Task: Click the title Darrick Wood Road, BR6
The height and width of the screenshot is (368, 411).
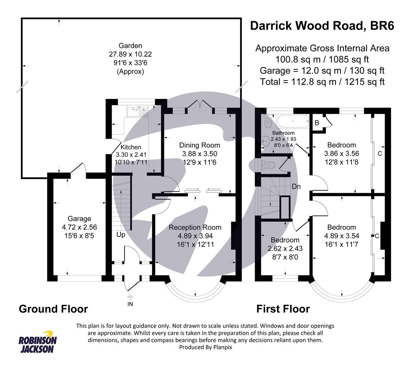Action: tap(322, 26)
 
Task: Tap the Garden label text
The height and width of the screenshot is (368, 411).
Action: tap(130, 46)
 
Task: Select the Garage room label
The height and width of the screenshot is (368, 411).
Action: tap(79, 219)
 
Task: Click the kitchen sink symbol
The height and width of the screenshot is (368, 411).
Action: tap(137, 112)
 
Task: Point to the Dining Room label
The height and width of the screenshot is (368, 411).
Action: tap(199, 145)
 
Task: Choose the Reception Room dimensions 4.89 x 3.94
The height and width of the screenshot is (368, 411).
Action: tap(195, 236)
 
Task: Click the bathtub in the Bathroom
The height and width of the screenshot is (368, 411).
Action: tap(291, 121)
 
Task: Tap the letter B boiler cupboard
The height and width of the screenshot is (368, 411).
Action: tap(317, 123)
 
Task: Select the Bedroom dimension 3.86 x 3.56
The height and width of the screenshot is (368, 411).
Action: tap(342, 154)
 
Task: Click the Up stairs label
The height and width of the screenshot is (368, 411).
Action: tap(121, 235)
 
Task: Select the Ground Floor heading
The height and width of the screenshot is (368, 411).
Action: tap(53, 309)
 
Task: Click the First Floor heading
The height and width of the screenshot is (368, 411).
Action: tap(283, 309)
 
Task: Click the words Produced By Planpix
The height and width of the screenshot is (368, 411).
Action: tap(205, 347)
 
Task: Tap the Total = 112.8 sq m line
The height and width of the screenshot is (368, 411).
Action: tap(322, 82)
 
